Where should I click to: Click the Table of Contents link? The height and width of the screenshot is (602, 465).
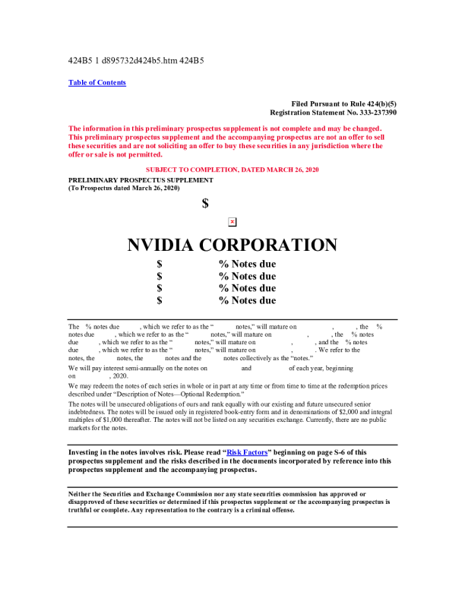tap(97, 83)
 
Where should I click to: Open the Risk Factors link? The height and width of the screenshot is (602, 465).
tap(246, 452)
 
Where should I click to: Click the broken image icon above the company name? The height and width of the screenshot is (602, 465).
tap(232, 221)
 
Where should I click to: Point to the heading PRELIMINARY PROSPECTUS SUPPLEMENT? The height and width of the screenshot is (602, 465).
tap(141, 179)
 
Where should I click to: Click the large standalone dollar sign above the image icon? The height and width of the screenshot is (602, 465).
tap(205, 203)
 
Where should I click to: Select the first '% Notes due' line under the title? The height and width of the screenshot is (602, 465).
tap(247, 265)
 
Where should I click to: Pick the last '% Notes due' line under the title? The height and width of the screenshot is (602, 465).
tap(247, 300)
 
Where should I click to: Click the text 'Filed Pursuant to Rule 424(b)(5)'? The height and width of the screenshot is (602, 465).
tap(343, 103)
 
